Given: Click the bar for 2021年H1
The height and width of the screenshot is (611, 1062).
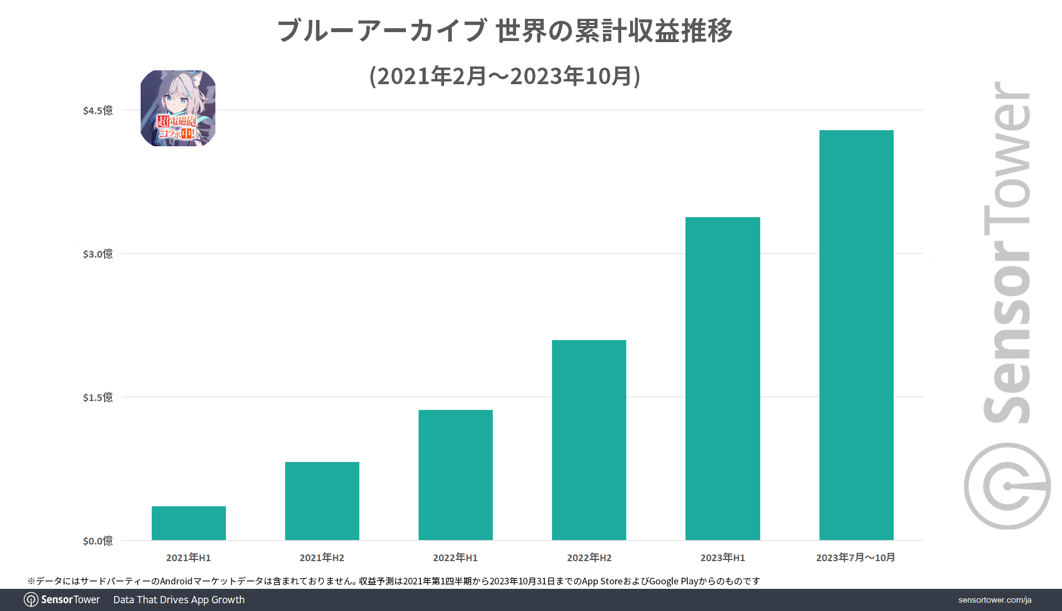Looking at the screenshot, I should [188, 523].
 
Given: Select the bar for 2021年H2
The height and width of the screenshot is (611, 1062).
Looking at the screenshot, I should [322, 501].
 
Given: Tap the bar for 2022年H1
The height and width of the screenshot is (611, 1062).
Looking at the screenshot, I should [455, 475].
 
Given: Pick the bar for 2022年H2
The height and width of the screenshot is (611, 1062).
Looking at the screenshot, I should [589, 440].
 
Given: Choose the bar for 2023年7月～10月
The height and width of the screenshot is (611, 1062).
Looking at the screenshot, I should [856, 335].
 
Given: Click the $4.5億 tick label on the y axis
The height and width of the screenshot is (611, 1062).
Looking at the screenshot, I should [98, 110].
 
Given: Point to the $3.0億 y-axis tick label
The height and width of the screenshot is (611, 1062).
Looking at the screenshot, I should [98, 254].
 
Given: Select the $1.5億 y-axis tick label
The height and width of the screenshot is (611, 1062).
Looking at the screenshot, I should [98, 397].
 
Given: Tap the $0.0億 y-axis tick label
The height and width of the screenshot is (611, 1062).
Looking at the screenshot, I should [98, 541].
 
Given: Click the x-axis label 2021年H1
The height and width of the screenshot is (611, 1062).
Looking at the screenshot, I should [188, 557].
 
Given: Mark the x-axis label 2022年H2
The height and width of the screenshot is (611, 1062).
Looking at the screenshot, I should [589, 557].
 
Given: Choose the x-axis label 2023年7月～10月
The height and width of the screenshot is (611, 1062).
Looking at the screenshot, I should [855, 557].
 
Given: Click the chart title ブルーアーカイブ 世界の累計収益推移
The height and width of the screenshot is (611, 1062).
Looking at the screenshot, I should [504, 30].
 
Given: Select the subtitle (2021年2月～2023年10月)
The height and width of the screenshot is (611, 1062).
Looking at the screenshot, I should [504, 76].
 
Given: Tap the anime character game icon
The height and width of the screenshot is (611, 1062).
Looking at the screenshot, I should [178, 108].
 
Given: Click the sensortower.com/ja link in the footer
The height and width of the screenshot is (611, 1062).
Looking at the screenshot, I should [994, 600].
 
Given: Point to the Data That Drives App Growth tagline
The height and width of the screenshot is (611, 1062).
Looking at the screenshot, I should [179, 600].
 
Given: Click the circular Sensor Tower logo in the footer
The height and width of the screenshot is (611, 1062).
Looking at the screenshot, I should [31, 600].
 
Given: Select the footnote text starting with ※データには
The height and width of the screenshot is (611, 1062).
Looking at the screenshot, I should [393, 581].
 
